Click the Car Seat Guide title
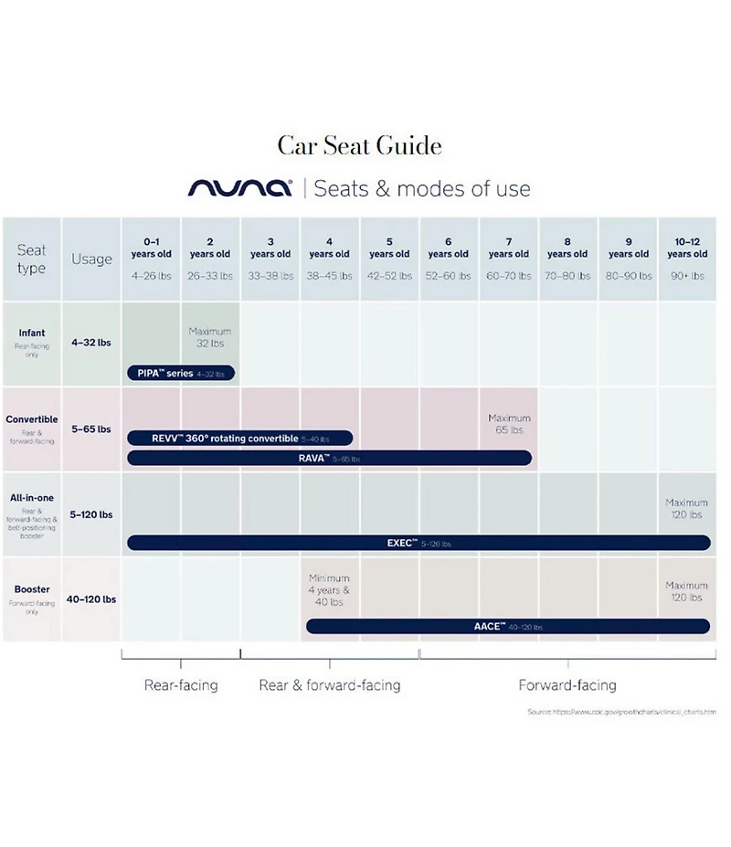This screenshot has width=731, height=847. (x=359, y=146)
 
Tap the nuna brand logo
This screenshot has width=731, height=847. (x=239, y=188)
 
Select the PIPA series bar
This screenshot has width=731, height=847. (x=181, y=373)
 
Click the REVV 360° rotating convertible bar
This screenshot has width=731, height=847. (x=239, y=439)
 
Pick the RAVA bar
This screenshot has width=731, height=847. (x=329, y=458)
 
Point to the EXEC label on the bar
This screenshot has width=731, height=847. (x=402, y=543)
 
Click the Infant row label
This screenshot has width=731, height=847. (x=32, y=334)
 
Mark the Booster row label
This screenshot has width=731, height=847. (x=32, y=590)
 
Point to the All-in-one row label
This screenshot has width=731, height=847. (x=32, y=498)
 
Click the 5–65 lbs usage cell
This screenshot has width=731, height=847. (x=91, y=429)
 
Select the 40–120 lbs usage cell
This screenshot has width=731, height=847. (x=91, y=599)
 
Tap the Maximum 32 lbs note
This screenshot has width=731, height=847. (x=210, y=337)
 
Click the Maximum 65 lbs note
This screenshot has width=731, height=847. (x=509, y=424)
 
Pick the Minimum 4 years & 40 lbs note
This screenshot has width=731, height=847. (x=329, y=590)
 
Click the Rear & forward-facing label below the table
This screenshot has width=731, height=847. (x=330, y=685)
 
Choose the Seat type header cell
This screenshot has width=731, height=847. (x=31, y=259)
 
